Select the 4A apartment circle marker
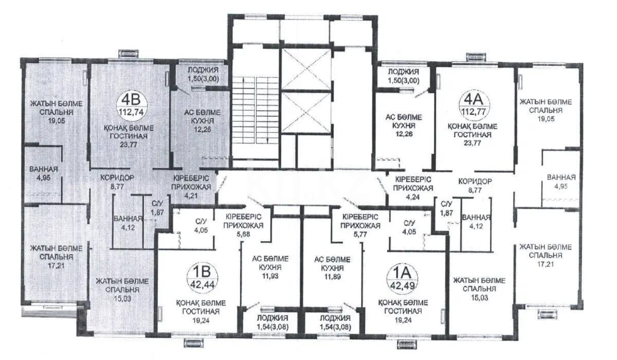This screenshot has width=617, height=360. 474,104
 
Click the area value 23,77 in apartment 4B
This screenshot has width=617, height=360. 129,145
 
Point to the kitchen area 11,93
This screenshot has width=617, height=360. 270,276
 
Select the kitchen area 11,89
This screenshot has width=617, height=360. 333,277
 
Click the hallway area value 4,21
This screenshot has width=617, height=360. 191,196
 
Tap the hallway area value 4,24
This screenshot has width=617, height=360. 413,196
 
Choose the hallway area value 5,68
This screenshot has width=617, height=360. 243,234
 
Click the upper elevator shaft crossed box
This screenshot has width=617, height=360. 306,69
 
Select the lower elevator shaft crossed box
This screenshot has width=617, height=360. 306,113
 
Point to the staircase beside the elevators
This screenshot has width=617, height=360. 256,110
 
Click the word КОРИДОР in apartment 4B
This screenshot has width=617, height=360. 117,177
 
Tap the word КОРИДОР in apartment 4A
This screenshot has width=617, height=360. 475,182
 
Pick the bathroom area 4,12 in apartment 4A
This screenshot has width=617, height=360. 476,226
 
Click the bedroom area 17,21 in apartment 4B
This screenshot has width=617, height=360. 56,266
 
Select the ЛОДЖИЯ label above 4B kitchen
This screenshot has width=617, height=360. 203,70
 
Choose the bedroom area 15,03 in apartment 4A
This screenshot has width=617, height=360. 480,298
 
